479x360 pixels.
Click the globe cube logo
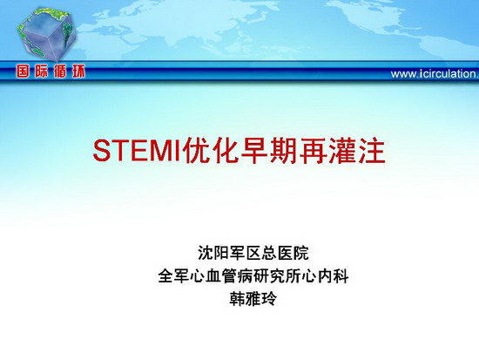[47, 34]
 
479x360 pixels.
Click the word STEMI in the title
[138, 152]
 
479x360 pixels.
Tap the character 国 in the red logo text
[23, 71]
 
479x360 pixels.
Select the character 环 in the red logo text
[78, 71]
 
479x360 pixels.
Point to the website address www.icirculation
[435, 74]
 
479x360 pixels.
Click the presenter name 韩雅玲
[253, 299]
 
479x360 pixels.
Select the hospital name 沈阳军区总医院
[253, 253]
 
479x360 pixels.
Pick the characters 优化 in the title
[211, 152]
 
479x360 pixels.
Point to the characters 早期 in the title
[269, 152]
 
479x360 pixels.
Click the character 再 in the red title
[314, 152]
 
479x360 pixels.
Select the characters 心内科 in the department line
[325, 276]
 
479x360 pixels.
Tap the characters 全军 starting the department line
[173, 276]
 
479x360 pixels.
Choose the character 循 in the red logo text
[60, 71]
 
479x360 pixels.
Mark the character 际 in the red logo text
[41, 71]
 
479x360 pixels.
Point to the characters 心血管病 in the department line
[221, 276]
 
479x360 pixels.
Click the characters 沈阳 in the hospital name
[213, 253]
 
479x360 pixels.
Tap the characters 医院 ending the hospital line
[293, 253]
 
